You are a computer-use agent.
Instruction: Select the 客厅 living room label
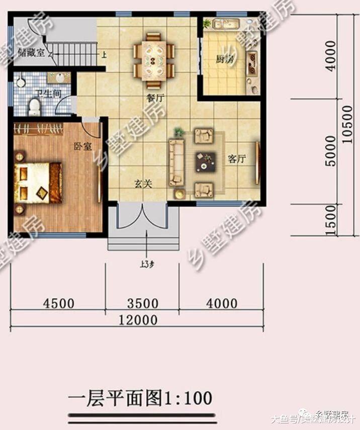click(236, 159)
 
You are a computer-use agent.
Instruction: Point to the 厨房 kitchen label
click(225, 59)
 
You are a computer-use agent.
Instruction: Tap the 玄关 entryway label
click(143, 184)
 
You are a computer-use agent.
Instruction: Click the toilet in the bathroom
click(34, 106)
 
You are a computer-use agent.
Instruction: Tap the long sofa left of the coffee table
click(176, 162)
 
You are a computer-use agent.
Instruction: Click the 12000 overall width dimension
click(137, 320)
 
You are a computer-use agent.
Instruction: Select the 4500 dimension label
click(59, 304)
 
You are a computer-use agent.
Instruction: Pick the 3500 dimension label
click(143, 304)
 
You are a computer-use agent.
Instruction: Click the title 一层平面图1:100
click(140, 398)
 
